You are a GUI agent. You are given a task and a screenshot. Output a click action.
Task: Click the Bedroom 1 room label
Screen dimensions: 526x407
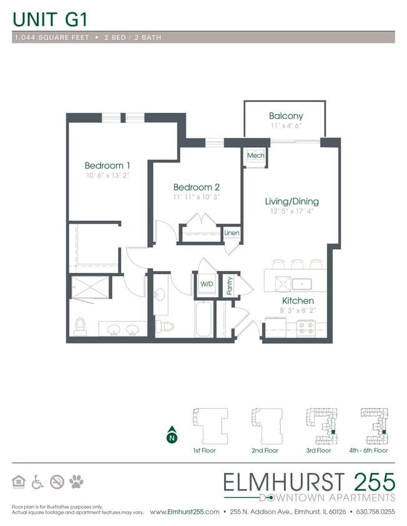(107, 165)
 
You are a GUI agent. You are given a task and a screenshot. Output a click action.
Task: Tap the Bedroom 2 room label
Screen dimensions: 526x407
(196, 187)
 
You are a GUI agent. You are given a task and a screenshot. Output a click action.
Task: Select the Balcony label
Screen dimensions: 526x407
(286, 116)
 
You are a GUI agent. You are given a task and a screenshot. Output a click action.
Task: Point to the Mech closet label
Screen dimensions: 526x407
(255, 155)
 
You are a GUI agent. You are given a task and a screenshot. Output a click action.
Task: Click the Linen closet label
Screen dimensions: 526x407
(232, 233)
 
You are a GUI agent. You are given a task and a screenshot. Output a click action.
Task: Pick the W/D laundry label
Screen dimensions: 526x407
(206, 284)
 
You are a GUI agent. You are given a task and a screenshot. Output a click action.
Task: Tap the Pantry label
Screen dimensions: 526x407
(230, 285)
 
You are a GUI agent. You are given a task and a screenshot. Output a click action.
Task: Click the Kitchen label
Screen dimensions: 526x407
(297, 300)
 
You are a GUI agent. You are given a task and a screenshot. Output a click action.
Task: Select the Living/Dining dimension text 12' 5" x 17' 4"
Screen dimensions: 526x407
(292, 211)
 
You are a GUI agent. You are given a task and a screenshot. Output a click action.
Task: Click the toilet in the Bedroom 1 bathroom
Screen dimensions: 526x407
(80, 326)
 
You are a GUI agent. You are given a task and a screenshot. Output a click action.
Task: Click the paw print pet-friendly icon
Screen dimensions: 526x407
(76, 481)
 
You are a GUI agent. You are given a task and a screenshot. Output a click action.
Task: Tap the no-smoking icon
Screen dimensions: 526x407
(57, 481)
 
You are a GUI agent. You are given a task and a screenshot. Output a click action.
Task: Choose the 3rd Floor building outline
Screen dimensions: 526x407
(319, 424)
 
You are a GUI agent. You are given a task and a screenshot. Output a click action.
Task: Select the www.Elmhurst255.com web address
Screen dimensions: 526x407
(185, 512)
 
